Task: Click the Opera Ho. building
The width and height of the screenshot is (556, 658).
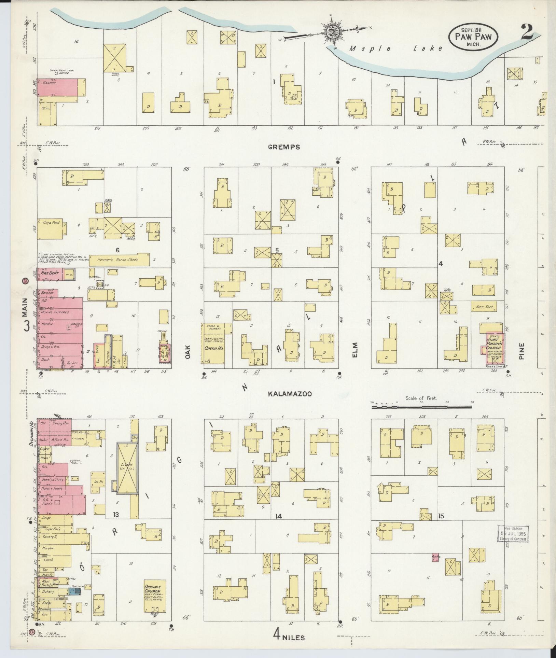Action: coord(214,346)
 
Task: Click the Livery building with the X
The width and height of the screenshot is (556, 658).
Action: coord(127,468)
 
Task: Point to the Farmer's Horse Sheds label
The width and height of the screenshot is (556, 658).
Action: coord(119,260)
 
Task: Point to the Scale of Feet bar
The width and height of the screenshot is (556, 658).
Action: coord(422,407)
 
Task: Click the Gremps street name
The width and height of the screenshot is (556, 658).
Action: coord(284,147)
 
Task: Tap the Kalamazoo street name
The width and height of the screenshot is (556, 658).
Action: coord(290,394)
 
